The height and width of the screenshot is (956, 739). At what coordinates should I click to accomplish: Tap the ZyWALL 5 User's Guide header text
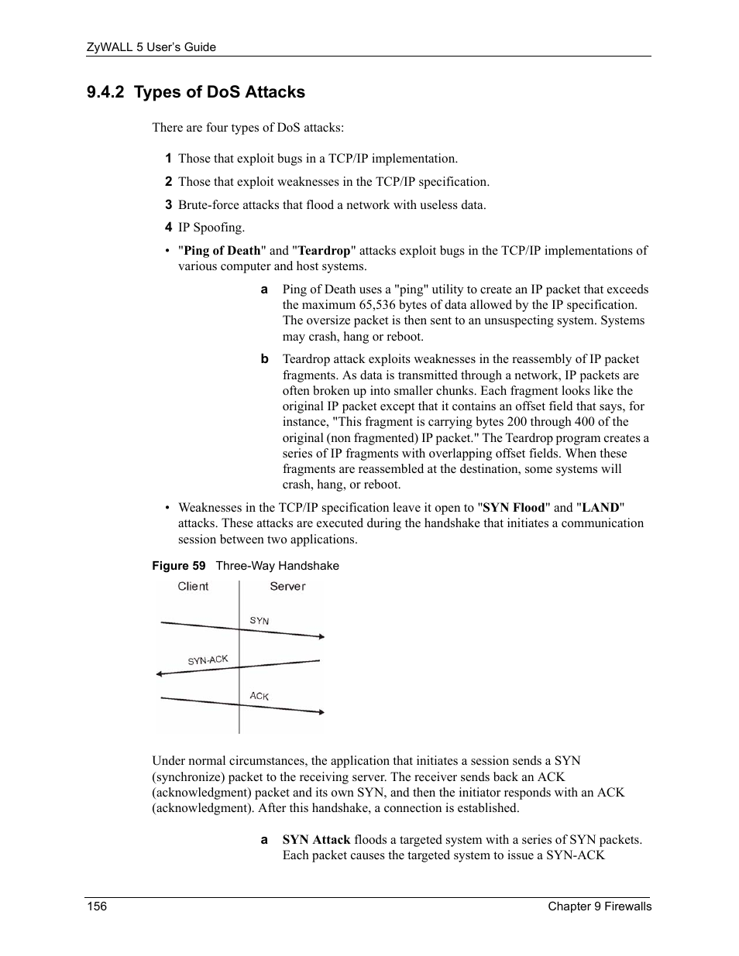click(150, 47)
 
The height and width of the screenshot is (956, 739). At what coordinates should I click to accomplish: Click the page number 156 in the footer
click(96, 906)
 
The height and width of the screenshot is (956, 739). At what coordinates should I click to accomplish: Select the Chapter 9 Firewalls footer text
click(600, 906)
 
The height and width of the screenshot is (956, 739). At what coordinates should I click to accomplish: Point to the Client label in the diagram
click(193, 587)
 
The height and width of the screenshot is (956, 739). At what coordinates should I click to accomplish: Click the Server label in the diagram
click(287, 587)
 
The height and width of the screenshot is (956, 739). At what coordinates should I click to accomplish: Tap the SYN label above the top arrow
click(260, 621)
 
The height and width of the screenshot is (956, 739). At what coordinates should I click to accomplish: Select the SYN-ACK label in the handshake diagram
click(208, 660)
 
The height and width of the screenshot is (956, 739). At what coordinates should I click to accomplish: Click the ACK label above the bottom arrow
click(259, 696)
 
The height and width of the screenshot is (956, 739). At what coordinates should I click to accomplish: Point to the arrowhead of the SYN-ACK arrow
click(160, 674)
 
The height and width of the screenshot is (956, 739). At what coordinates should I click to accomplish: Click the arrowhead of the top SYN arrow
click(320, 636)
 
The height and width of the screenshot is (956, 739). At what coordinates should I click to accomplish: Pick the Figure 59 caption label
click(179, 566)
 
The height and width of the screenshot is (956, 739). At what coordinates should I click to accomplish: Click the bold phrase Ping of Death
click(222, 251)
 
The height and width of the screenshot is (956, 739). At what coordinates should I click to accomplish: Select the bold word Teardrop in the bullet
click(324, 251)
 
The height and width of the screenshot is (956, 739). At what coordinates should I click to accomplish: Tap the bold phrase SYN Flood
click(514, 508)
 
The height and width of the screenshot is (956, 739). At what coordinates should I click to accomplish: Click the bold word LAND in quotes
click(600, 508)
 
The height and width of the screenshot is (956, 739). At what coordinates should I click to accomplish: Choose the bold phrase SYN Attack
click(316, 840)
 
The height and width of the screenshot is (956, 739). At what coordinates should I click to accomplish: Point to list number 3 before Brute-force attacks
click(167, 205)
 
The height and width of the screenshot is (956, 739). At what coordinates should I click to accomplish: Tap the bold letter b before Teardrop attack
click(264, 359)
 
